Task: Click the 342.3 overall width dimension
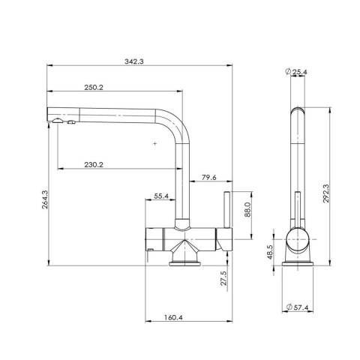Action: click(134, 61)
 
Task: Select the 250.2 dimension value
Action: click(94, 88)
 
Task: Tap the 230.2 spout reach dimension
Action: click(94, 165)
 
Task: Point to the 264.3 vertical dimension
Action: click(45, 199)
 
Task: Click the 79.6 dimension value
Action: click(209, 178)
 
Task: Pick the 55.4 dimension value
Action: click(161, 196)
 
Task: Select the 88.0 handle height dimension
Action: click(247, 209)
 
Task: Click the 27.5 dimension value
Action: click(223, 278)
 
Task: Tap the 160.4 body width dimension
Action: click(173, 317)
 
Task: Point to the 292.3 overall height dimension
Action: click(325, 193)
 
